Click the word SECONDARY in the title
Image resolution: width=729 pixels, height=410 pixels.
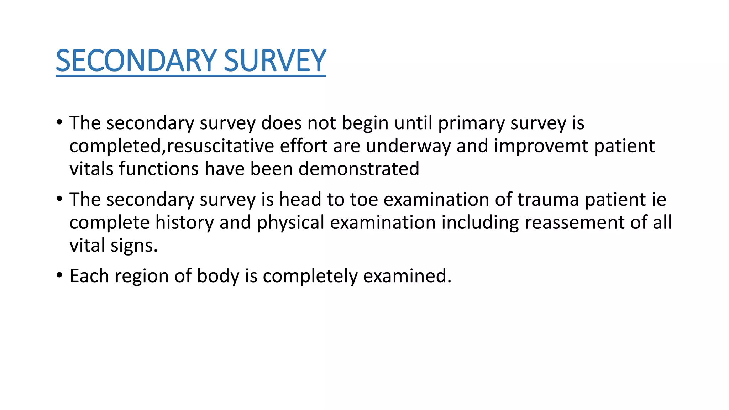[x=136, y=61]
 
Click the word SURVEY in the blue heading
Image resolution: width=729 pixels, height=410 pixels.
[x=275, y=61]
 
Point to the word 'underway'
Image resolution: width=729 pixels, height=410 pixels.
[x=408, y=146]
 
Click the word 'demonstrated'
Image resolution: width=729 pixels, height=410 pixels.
[x=359, y=169]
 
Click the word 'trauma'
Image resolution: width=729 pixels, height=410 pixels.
[x=548, y=199]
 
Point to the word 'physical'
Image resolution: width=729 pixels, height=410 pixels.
[x=290, y=222]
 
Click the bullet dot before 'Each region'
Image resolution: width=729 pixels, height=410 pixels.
[x=59, y=275]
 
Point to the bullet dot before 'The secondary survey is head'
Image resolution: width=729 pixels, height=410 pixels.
[x=59, y=199]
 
